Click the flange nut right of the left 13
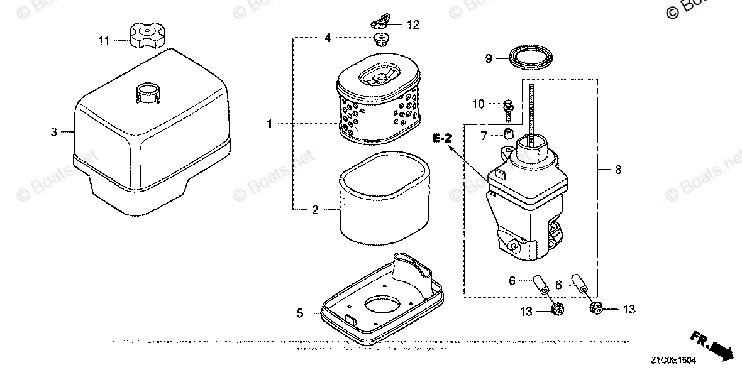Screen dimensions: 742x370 point(556,309)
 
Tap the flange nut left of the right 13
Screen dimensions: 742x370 point(595,308)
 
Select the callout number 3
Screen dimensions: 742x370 point(54,132)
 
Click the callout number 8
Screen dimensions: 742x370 point(618,170)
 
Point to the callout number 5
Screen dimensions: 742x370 point(300,312)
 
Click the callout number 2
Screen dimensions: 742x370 point(316,210)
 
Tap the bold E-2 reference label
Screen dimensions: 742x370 point(442,137)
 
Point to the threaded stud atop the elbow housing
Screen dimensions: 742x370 point(533,113)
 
